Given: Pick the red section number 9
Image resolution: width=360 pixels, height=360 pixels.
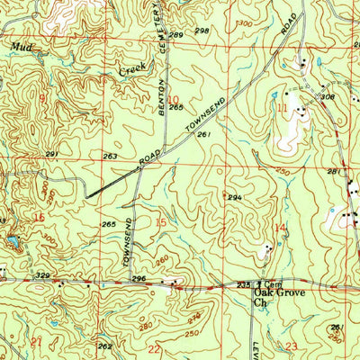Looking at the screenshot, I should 40,97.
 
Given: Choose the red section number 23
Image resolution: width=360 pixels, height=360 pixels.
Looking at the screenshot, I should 291,346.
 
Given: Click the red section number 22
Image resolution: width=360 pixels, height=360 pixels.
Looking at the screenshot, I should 154,348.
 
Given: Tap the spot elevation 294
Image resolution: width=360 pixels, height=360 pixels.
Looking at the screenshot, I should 235,198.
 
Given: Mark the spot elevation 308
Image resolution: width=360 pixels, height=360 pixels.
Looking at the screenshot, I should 328,97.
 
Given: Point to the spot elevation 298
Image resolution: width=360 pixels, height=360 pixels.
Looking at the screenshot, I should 202,31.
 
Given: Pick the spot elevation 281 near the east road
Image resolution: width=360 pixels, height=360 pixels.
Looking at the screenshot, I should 335,172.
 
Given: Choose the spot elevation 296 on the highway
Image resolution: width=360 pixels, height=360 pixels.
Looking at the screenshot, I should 139,280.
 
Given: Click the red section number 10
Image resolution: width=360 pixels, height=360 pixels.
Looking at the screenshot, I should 173,101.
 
